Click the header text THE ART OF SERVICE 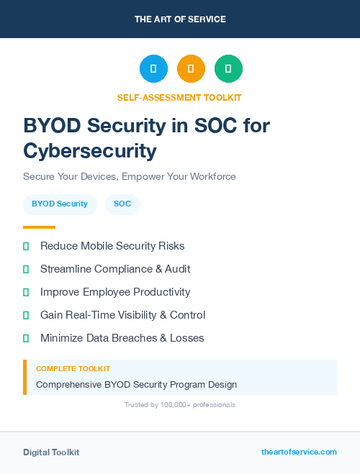click(x=180, y=19)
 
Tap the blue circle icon click(x=153, y=69)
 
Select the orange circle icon click(x=191, y=69)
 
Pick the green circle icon click(x=228, y=69)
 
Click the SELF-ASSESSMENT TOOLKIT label click(x=179, y=97)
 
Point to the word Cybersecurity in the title click(x=90, y=150)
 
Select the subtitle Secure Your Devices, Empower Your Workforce click(x=130, y=176)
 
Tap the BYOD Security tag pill click(x=60, y=204)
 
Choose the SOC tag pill click(x=122, y=204)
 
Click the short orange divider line click(x=39, y=227)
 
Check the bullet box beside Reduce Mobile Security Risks click(x=26, y=246)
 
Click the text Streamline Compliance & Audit click(x=115, y=269)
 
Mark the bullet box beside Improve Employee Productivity click(x=26, y=292)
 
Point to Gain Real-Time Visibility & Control click(x=122, y=315)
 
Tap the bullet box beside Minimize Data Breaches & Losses click(x=26, y=338)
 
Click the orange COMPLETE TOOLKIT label click(x=73, y=369)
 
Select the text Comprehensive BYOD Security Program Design click(x=136, y=384)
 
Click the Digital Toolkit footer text click(x=51, y=452)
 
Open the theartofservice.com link click(x=299, y=452)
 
